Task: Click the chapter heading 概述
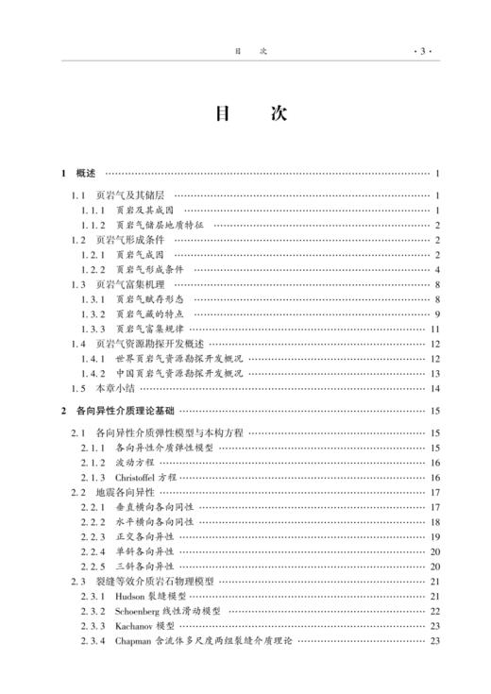(86, 174)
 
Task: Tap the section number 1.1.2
(93, 225)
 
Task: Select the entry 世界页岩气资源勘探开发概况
(166, 358)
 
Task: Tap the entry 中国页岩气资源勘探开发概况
(166, 373)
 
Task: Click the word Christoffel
(135, 478)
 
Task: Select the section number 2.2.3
(93, 537)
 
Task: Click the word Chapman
(133, 641)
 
